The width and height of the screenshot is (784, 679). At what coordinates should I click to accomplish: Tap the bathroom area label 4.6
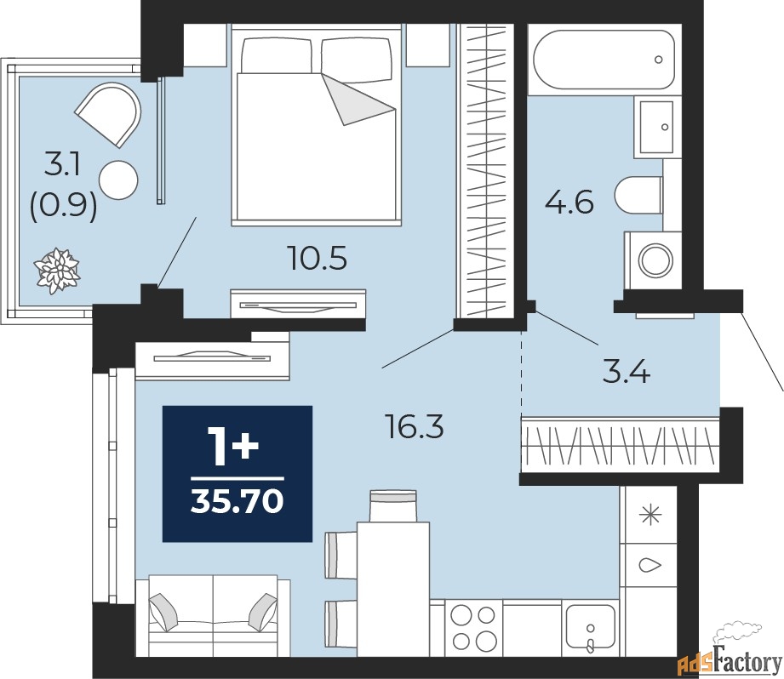tap(569, 203)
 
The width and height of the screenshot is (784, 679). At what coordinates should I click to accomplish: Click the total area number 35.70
tap(237, 502)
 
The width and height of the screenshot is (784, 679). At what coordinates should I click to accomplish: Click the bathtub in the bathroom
tap(604, 60)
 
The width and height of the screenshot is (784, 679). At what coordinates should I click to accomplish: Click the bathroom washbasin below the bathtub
tap(657, 127)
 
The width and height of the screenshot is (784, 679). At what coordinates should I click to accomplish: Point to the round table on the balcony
tap(118, 180)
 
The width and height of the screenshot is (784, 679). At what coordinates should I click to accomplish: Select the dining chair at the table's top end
tap(393, 505)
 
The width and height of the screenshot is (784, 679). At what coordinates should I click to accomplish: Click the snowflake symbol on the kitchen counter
tap(651, 515)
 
